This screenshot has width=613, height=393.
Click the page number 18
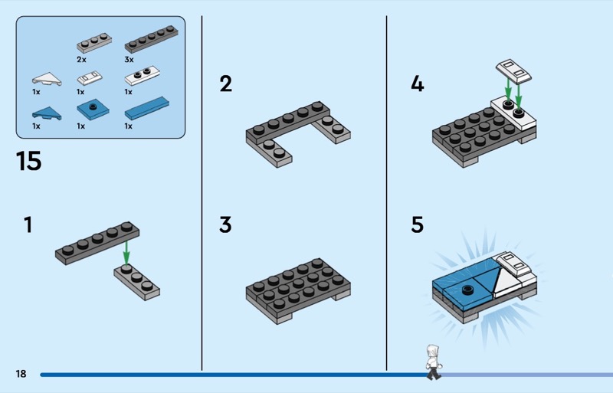[x=21, y=374]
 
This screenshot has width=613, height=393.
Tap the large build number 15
[x=28, y=161]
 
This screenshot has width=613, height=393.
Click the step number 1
[x=28, y=225]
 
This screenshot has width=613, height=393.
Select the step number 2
[x=225, y=84]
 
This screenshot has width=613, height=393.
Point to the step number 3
[x=225, y=225]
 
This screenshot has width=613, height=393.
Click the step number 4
[x=417, y=84]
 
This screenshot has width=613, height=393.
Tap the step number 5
[x=417, y=225]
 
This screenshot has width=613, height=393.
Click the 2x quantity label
[x=81, y=60]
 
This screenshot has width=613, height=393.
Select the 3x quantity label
[x=129, y=60]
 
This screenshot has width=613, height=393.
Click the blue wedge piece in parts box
[x=47, y=113]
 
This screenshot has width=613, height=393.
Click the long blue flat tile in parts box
[x=147, y=108]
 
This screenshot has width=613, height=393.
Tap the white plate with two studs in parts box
[x=142, y=76]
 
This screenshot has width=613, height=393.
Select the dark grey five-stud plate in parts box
[x=151, y=39]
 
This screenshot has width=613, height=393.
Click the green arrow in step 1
[x=126, y=253]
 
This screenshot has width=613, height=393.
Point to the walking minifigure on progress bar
[x=433, y=362]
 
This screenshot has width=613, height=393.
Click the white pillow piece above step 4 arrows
[x=513, y=71]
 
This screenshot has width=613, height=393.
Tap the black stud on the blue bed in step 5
[x=467, y=290]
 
